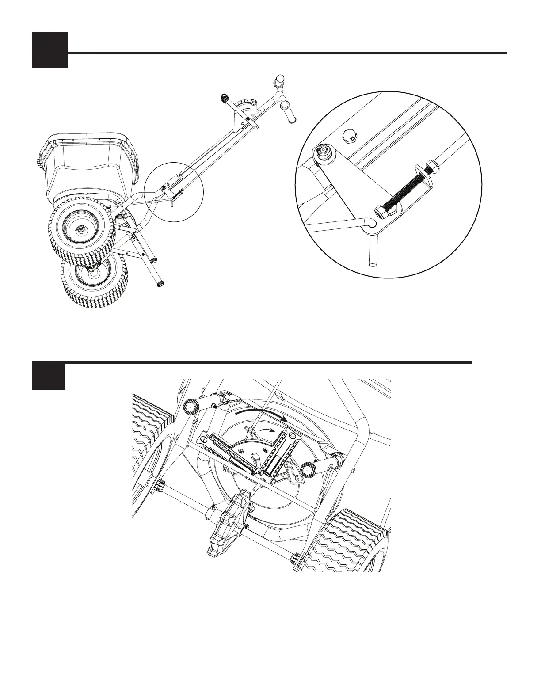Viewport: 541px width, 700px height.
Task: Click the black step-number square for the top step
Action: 50,49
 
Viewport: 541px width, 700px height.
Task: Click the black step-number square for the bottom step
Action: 48,377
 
